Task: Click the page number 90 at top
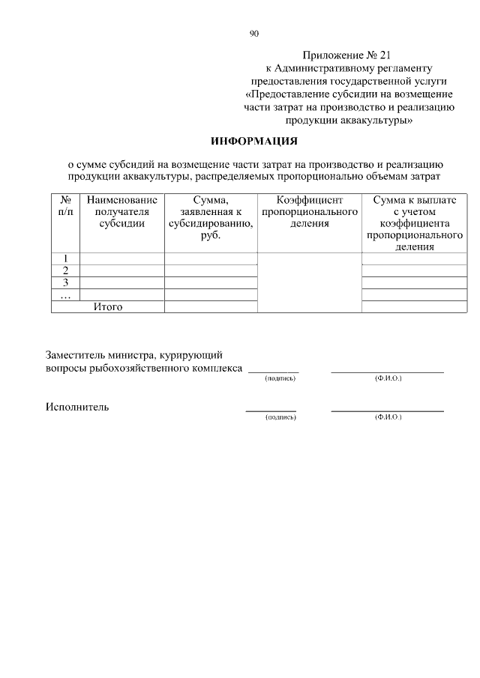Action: pyautogui.click(x=254, y=33)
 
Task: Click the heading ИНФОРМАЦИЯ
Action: pyautogui.click(x=255, y=141)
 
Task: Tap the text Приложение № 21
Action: pyautogui.click(x=347, y=55)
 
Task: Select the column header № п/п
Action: pyautogui.click(x=65, y=206)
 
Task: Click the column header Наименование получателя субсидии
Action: pyautogui.click(x=122, y=212)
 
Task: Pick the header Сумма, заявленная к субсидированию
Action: pyautogui.click(x=211, y=218)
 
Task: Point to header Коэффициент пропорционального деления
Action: pyautogui.click(x=309, y=212)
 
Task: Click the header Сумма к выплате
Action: pyautogui.click(x=412, y=223)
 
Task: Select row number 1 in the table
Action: pyautogui.click(x=65, y=259)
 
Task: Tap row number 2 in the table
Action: pyautogui.click(x=65, y=270)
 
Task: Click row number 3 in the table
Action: pyautogui.click(x=65, y=282)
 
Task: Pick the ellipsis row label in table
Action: pyautogui.click(x=65, y=294)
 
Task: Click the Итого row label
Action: pyautogui.click(x=108, y=306)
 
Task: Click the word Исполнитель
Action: pyautogui.click(x=77, y=407)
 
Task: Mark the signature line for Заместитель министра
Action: pyautogui.click(x=273, y=371)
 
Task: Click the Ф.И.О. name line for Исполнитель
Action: pyautogui.click(x=387, y=410)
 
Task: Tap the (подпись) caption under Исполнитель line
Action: pyautogui.click(x=280, y=417)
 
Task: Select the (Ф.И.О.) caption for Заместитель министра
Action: pyautogui.click(x=388, y=379)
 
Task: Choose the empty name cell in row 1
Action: pyautogui.click(x=122, y=259)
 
